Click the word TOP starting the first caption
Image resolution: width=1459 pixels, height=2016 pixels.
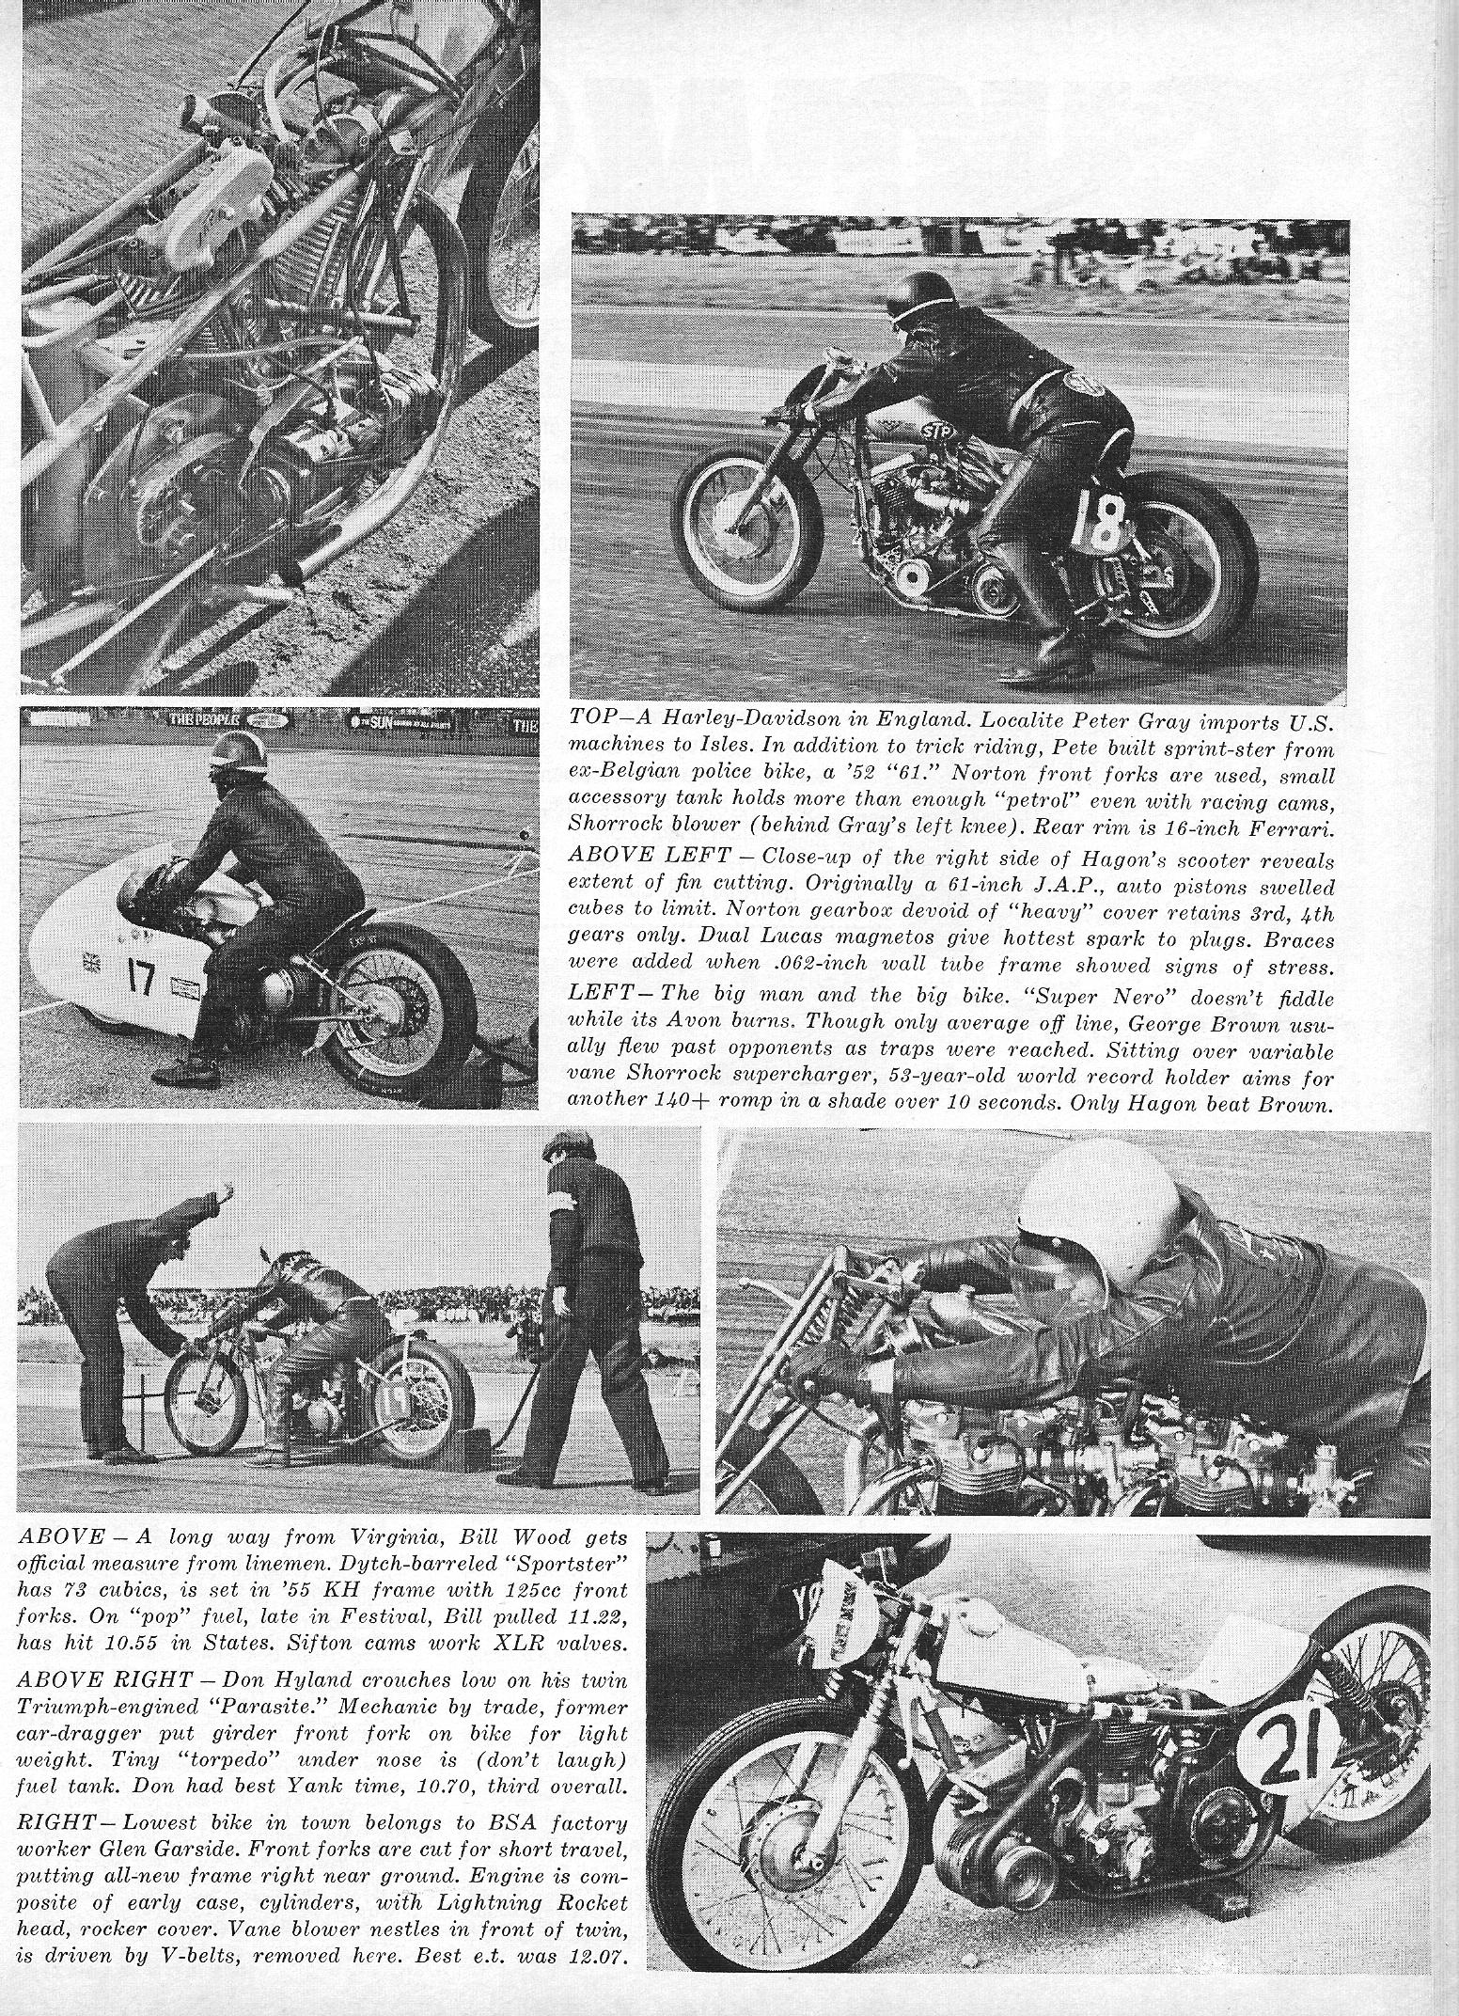coord(594,717)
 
